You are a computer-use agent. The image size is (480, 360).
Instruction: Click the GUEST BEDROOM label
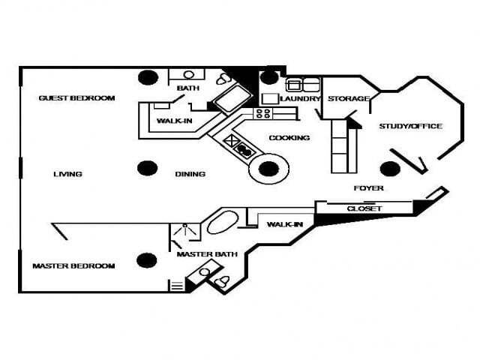[76, 98]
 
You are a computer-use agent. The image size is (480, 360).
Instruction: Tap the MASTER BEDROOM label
[73, 266]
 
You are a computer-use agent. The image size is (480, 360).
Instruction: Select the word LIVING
[67, 175]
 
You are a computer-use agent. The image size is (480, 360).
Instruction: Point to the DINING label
[190, 175]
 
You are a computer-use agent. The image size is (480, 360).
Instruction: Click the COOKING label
[289, 138]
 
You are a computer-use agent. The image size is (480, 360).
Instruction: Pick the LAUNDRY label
[301, 99]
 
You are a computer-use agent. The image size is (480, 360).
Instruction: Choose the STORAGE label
[348, 99]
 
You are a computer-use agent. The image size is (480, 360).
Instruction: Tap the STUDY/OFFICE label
[410, 126]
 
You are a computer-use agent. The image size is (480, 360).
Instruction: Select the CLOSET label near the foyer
[364, 208]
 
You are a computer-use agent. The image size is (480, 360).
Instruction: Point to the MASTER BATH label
[207, 254]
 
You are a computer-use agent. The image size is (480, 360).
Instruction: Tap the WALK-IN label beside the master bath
[284, 224]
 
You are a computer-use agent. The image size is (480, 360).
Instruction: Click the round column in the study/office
[390, 169]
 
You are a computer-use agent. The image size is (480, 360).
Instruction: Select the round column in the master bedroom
[147, 261]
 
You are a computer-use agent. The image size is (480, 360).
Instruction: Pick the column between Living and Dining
[147, 169]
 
